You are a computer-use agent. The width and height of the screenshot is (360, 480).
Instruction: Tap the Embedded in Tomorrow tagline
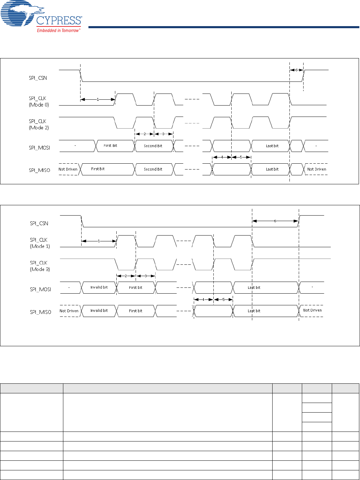coord(59,31)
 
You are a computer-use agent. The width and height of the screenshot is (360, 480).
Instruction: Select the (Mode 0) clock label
coord(39,105)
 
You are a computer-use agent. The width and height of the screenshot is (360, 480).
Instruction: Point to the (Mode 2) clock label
coord(39,128)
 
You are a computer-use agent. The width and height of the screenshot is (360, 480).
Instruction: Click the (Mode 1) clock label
coord(40,247)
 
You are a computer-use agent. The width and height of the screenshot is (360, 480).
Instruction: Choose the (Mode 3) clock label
coord(40,270)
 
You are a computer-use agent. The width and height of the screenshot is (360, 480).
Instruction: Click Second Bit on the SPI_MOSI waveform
coord(153,146)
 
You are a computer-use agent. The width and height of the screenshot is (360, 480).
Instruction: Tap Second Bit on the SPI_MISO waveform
coord(153,169)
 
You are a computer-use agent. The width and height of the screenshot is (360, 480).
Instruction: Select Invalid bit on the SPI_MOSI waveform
coord(99,287)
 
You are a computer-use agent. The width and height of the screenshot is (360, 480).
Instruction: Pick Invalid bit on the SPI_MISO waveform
coord(99,311)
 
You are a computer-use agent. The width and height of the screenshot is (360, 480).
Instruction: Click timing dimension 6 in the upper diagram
coord(296,70)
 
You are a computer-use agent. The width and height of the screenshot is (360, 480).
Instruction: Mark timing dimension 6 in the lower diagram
coord(275,221)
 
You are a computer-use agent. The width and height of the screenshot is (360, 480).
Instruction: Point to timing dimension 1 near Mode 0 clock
coord(98,99)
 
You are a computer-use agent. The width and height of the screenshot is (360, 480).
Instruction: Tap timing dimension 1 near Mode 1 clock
coord(99,241)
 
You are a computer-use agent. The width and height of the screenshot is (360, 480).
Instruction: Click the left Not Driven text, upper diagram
coord(68,169)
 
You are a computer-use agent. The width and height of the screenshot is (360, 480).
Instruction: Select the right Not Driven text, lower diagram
coord(312,310)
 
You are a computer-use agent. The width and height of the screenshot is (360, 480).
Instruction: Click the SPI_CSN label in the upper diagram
coord(38,78)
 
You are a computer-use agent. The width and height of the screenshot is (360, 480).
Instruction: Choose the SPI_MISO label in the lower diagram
coord(40,312)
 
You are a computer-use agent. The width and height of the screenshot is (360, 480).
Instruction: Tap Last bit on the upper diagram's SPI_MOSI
coord(272,146)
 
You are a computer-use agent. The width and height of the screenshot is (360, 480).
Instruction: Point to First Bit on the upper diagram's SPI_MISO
coord(98,169)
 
